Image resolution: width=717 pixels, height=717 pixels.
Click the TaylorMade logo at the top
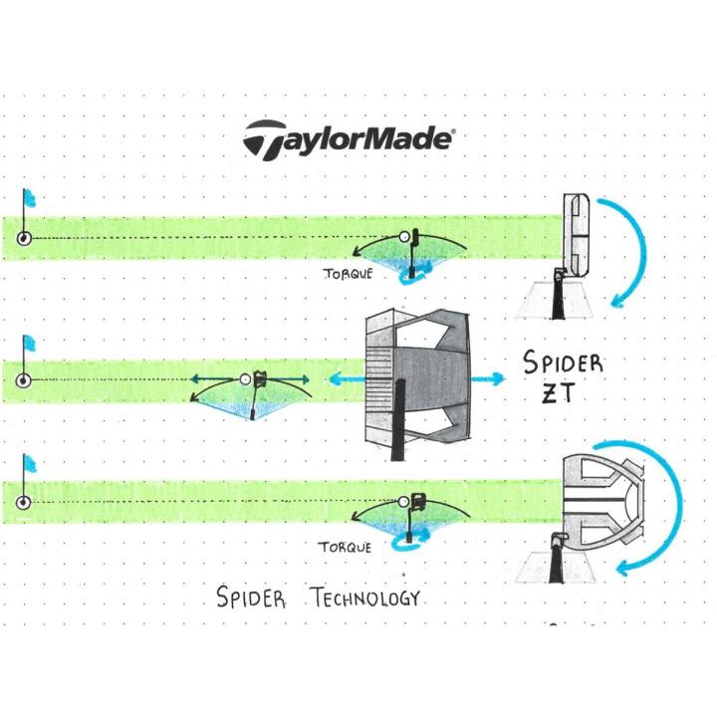348,138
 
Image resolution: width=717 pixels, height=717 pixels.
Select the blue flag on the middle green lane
29,344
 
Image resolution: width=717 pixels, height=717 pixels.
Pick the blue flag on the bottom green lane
29,464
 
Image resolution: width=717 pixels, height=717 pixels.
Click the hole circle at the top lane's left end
24,238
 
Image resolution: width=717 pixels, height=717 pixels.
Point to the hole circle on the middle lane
24,380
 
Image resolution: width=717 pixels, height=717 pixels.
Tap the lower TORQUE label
344,547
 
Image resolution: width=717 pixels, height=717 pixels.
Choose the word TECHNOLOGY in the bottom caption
364,598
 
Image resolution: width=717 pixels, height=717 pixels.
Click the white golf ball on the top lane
404,237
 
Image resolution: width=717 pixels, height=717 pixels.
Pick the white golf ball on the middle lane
246,379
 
